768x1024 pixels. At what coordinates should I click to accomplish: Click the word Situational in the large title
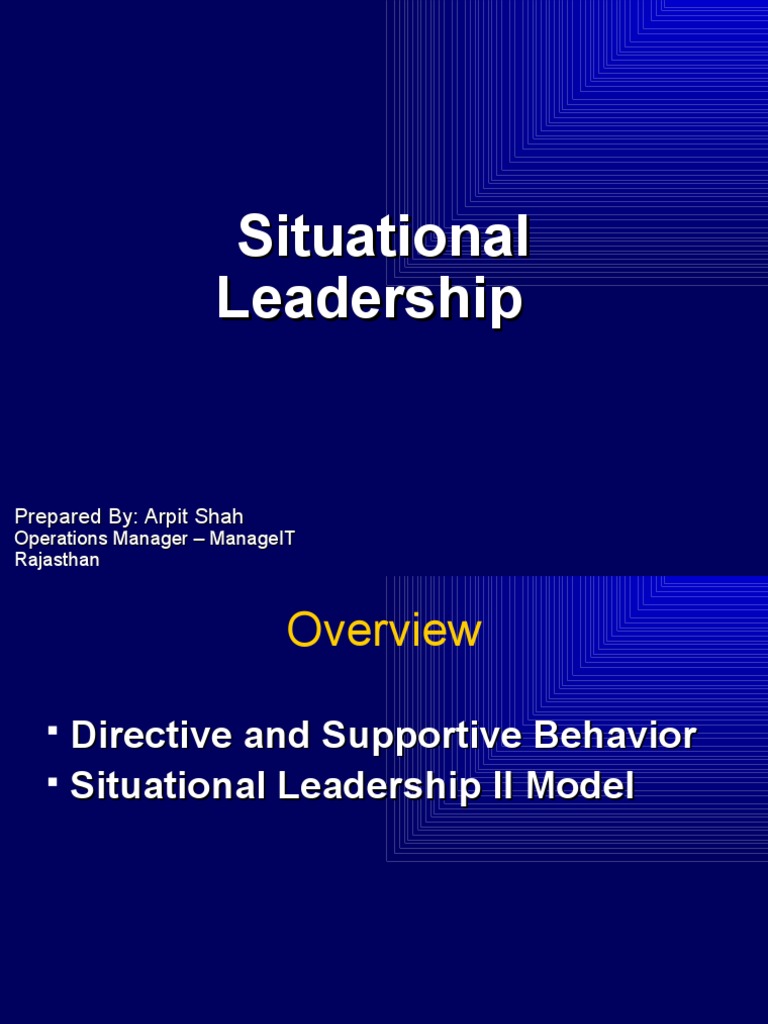tap(383, 238)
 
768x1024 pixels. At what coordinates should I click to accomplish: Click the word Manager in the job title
tap(151, 539)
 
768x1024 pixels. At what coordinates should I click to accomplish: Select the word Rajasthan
tap(57, 560)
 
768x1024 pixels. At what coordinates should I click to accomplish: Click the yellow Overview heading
tap(384, 631)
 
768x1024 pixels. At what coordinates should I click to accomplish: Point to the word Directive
tap(142, 736)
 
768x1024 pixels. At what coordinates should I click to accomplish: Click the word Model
tap(581, 786)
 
